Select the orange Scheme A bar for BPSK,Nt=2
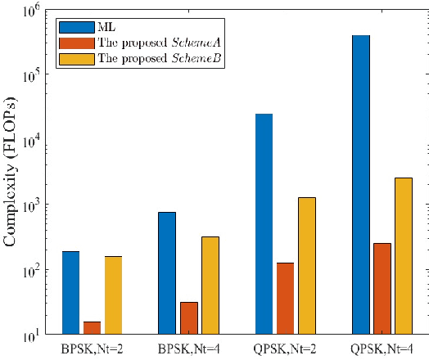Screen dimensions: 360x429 tap(93, 328)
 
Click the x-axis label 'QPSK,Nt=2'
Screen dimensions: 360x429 tap(287, 349)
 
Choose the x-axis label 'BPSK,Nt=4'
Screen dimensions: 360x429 tap(189, 349)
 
